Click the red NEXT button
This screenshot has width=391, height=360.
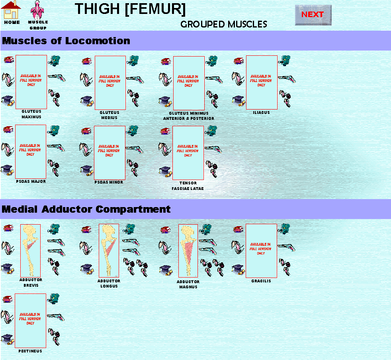point(313,15)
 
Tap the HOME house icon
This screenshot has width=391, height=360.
point(11,10)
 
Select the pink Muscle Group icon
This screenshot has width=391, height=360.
point(37,10)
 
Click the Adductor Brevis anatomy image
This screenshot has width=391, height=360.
point(30,251)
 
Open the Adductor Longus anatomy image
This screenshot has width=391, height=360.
point(109,250)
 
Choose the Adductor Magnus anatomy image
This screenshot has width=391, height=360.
point(188,251)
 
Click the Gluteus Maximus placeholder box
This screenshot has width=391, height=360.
point(31,82)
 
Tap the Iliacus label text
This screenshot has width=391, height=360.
point(261,113)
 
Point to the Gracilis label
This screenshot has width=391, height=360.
point(261,281)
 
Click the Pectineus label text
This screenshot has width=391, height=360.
point(30,351)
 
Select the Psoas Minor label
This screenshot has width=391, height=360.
point(109,182)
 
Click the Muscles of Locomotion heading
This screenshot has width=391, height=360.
point(66,41)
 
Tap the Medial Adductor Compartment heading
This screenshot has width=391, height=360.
point(86,209)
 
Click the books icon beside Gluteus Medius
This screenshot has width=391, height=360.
point(87,61)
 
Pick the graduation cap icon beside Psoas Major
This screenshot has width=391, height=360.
point(8,170)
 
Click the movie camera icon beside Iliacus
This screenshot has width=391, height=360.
point(285,61)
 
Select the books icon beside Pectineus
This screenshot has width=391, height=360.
point(8,299)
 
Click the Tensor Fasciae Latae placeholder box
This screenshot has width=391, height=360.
point(188,153)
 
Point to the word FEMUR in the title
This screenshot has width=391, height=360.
point(157,9)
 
